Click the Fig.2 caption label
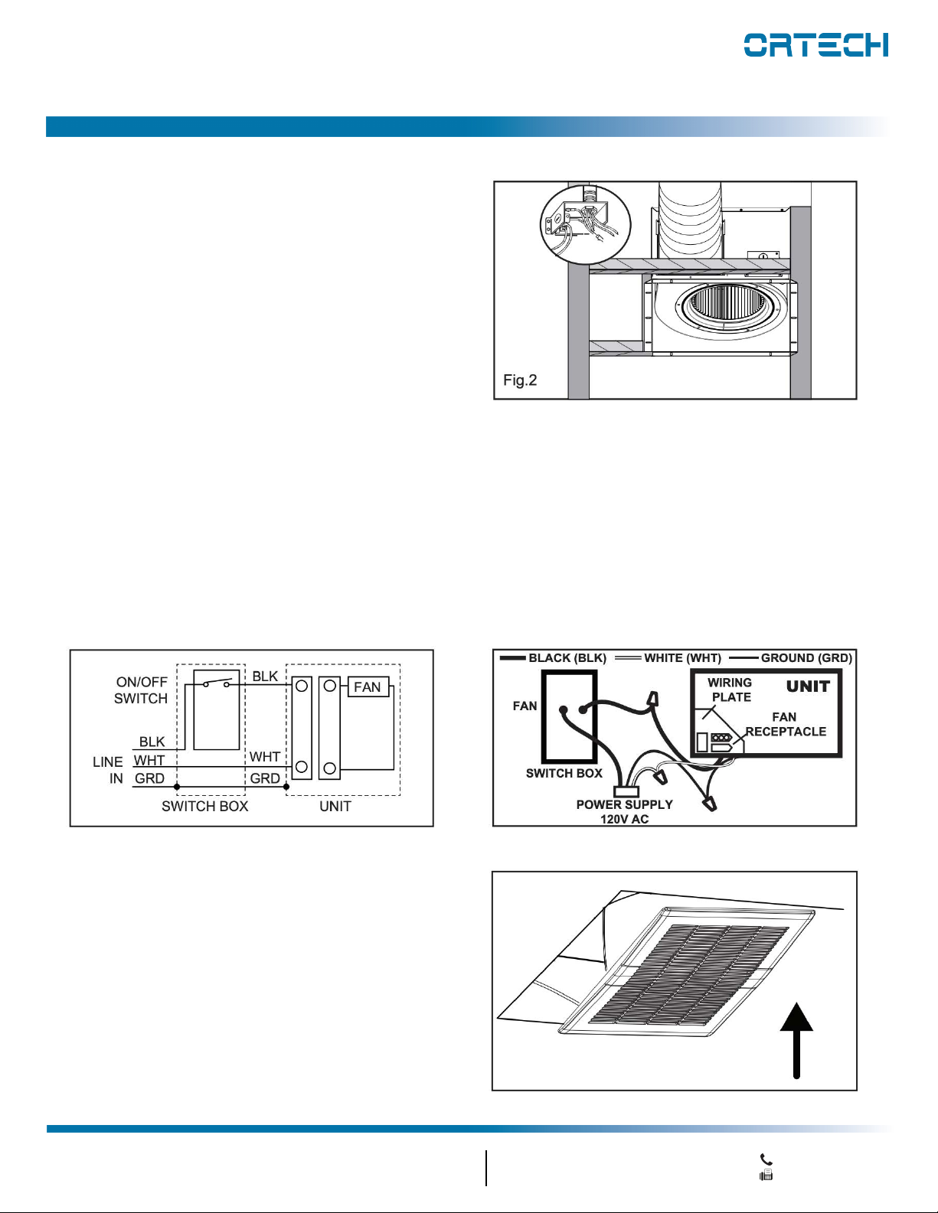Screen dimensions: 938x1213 pyautogui.click(x=520, y=380)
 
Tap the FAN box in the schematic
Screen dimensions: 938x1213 pyautogui.click(x=368, y=686)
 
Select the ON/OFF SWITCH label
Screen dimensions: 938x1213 pyautogui.click(x=141, y=690)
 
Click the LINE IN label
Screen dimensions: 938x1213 pyautogui.click(x=108, y=770)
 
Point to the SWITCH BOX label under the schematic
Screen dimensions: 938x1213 pyautogui.click(x=204, y=807)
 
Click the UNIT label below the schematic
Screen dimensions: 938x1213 pyautogui.click(x=335, y=807)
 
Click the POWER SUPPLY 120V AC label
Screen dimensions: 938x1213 pyautogui.click(x=624, y=811)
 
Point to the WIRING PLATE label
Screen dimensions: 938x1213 pyautogui.click(x=730, y=690)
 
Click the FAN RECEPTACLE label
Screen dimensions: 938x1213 pyautogui.click(x=786, y=724)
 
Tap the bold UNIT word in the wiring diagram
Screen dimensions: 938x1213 pyautogui.click(x=808, y=686)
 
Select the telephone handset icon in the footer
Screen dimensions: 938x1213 pyautogui.click(x=766, y=1159)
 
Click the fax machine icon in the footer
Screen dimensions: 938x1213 pyautogui.click(x=766, y=1176)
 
